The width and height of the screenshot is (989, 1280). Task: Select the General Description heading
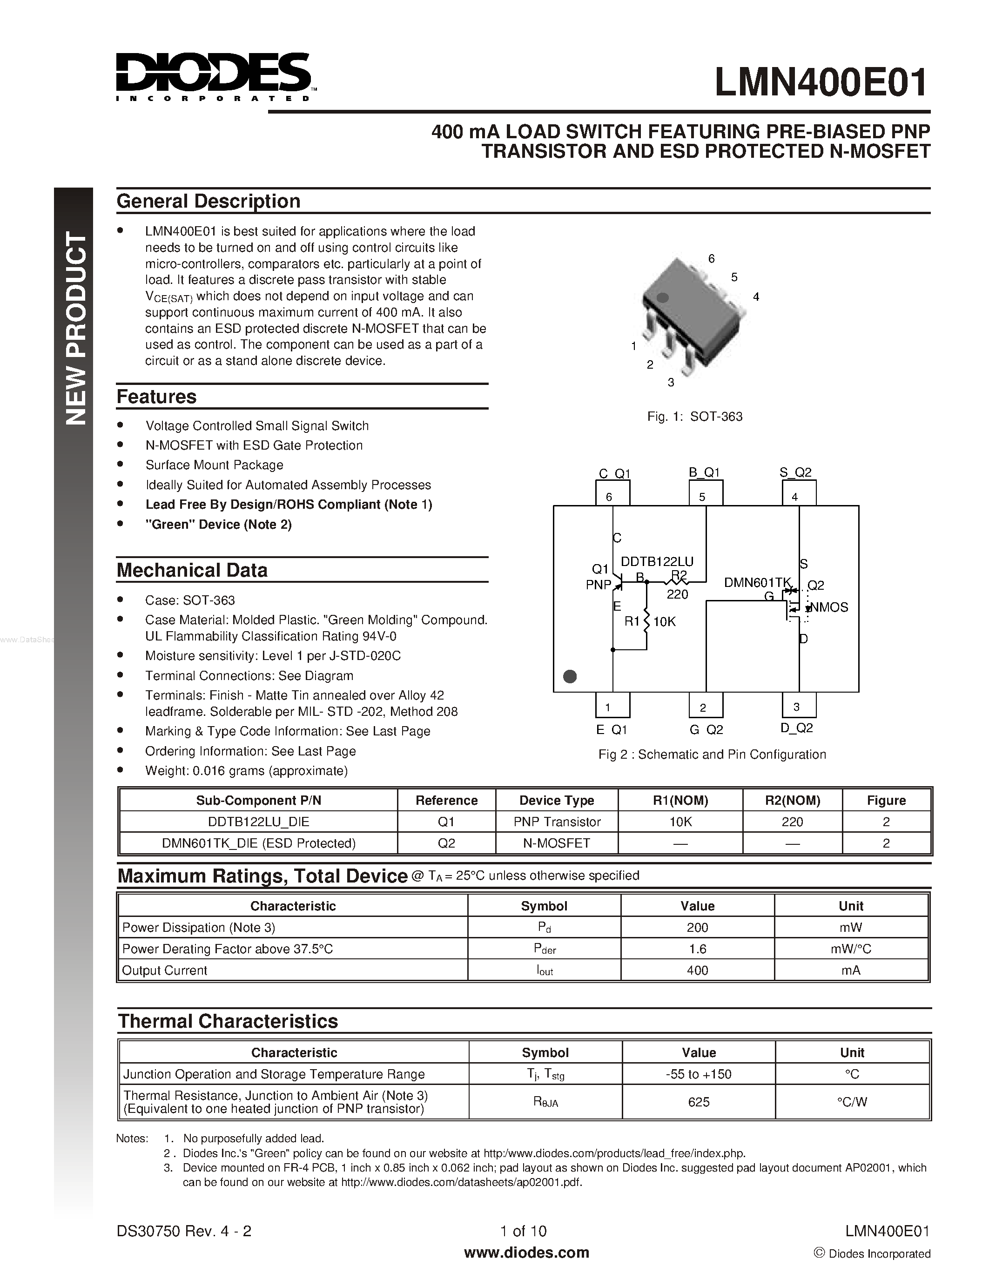coord(208,201)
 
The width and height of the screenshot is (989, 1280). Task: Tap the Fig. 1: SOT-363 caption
coord(694,417)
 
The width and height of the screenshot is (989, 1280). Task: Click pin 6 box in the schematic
coord(612,493)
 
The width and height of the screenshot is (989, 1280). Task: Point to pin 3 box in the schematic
coord(799,706)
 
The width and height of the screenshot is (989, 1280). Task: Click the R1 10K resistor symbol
coord(646,622)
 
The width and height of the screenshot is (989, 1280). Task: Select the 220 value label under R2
coord(677,594)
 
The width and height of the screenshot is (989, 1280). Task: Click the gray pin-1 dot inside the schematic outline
coord(570,676)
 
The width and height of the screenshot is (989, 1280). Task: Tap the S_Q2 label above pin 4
coord(795,472)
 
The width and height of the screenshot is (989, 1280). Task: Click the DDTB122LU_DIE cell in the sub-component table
coord(258,822)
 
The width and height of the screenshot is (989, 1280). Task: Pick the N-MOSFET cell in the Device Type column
coord(556,843)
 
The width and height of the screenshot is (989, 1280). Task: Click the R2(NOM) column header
coord(792,800)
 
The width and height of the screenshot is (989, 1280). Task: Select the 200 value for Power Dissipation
coord(697,927)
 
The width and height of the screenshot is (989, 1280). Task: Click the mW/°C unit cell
coord(851,948)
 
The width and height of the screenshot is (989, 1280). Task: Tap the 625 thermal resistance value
coord(699,1102)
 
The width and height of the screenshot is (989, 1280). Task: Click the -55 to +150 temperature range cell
coord(699,1074)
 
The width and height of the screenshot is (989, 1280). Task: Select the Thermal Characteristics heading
coord(228,1021)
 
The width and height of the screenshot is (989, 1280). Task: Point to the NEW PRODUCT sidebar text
coord(75,328)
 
